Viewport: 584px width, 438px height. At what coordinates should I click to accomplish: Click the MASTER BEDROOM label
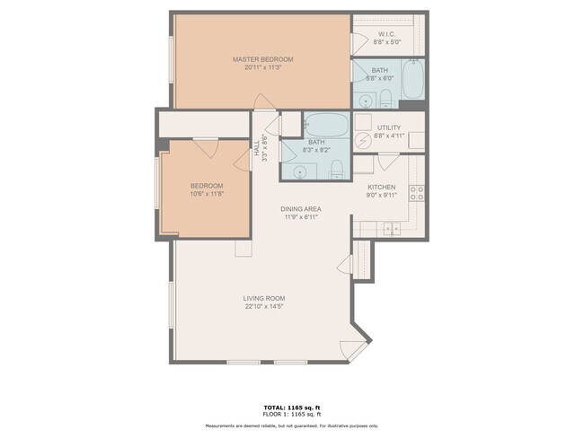262,59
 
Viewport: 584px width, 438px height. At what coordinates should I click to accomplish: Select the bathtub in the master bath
412,80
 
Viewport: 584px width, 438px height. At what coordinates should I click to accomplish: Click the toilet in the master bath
387,98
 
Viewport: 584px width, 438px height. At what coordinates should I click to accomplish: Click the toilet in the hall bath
335,169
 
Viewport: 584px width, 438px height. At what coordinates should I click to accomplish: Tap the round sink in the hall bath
299,170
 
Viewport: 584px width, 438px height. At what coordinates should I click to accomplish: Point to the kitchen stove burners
416,190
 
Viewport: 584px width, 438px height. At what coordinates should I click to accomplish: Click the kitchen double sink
392,229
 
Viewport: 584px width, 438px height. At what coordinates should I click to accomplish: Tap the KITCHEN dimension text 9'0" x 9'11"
381,196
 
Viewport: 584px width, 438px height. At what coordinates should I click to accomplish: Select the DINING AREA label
302,209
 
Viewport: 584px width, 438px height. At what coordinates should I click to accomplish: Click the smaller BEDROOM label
206,186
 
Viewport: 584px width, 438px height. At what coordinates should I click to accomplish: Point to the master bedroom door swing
261,101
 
